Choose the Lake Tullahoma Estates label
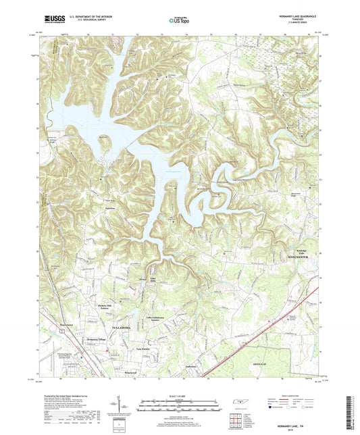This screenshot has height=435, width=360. click(x=157, y=317)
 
